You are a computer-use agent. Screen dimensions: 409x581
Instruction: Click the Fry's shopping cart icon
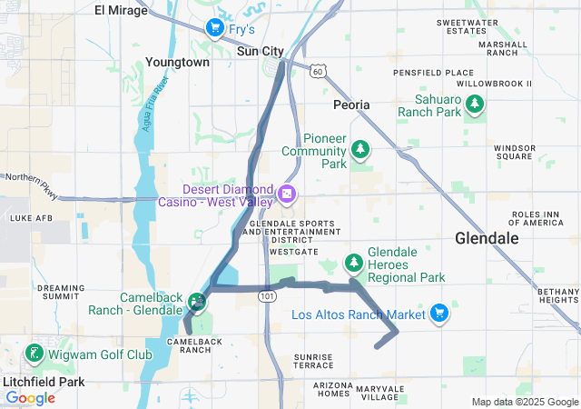tap(214, 28)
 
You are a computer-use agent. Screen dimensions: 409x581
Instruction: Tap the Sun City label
tap(260, 52)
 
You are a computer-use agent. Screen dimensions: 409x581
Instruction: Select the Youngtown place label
tap(177, 63)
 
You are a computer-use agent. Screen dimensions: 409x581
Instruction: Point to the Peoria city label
tap(351, 105)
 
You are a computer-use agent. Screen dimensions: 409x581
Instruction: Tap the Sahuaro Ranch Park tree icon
tap(474, 105)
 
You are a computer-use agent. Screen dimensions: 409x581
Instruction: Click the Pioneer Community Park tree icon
tap(361, 148)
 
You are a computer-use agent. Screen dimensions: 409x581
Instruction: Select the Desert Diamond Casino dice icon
tap(285, 195)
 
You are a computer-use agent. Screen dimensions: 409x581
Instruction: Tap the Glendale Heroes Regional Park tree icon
tap(353, 264)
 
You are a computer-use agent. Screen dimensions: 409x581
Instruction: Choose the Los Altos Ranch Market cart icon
tap(438, 314)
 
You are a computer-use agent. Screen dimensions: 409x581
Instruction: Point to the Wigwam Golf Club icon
tap(34, 353)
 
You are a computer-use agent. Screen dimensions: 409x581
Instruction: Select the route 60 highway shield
tap(316, 70)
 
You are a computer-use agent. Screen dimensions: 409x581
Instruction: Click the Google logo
tap(31, 398)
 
